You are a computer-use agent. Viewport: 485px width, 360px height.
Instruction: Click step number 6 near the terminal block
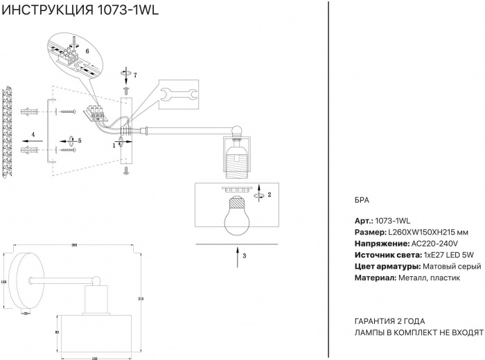tap(87, 51)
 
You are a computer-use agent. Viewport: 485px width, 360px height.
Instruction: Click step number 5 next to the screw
tap(80, 141)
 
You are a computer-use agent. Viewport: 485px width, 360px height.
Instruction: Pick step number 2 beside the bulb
tap(269, 195)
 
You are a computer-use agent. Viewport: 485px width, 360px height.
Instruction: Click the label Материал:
tap(375, 278)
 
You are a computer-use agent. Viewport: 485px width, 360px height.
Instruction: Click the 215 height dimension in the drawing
tap(141, 298)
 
